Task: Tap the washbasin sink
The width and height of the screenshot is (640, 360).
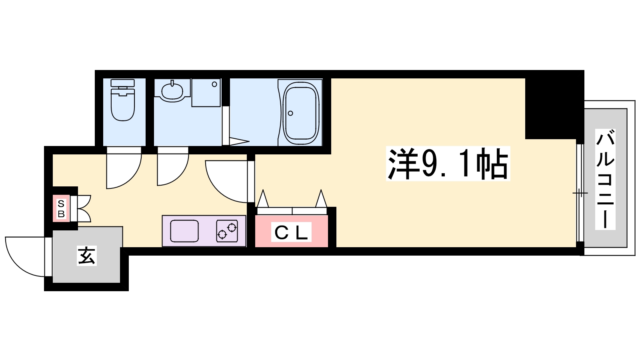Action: click(x=172, y=91)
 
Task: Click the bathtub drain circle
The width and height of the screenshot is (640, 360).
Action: click(x=290, y=113)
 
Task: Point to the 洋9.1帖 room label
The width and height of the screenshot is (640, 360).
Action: click(x=448, y=164)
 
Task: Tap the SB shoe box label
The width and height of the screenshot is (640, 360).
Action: click(x=61, y=209)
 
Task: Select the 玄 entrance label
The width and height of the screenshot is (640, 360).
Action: click(x=86, y=256)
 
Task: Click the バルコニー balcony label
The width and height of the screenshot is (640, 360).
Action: click(x=605, y=179)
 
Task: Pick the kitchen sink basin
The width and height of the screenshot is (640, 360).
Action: click(x=184, y=231)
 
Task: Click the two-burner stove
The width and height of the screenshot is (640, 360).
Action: click(x=227, y=231)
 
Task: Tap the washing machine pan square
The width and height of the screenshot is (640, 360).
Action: click(x=206, y=93)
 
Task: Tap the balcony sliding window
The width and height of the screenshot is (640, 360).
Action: click(x=580, y=193)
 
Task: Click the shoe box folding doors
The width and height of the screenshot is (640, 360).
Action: click(x=84, y=208)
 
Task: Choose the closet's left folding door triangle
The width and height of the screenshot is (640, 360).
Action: click(x=263, y=198)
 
